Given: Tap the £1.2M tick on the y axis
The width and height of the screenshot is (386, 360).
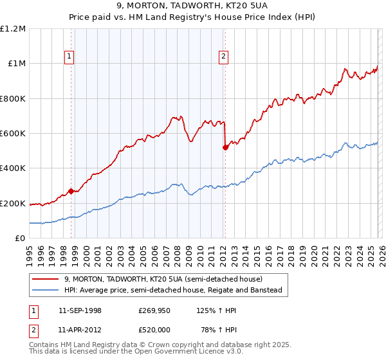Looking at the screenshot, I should point(13,29).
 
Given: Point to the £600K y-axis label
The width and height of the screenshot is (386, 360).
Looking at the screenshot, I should point(13,134).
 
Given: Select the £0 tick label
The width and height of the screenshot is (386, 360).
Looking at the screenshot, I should point(21,239).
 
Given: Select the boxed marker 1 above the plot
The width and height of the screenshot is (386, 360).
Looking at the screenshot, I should point(69,57).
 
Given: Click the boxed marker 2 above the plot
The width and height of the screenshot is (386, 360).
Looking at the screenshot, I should point(223,57).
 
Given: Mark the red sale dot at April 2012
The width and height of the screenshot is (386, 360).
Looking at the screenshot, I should point(225,147).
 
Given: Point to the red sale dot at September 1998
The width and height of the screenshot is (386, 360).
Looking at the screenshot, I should point(71,191).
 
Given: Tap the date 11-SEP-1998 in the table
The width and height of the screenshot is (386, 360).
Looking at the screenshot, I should point(80,310).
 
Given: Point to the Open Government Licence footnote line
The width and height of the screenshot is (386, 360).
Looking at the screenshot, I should point(136,352).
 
